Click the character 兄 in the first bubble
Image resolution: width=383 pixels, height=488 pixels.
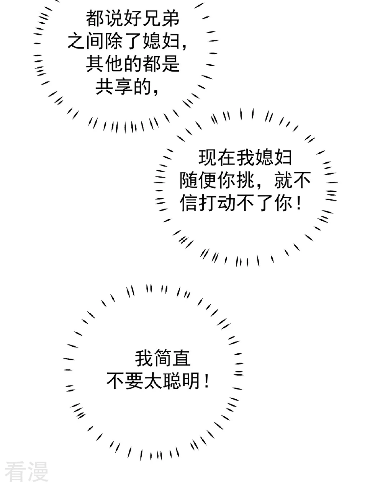pyautogui.click(x=151, y=18)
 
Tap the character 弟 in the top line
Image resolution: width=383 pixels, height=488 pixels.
pyautogui.click(x=170, y=18)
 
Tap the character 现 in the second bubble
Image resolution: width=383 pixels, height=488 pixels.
pyautogui.click(x=207, y=158)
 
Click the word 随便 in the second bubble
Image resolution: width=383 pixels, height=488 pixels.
pyautogui.click(x=198, y=181)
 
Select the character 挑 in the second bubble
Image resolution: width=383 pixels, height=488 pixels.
pyautogui.click(x=245, y=181)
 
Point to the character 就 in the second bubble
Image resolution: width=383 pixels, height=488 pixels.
pyautogui.click(x=283, y=181)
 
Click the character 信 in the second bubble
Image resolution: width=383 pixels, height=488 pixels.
pyautogui.click(x=188, y=204)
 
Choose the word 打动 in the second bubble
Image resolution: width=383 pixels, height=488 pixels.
pyautogui.click(x=217, y=204)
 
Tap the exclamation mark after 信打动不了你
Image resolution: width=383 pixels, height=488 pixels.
pyautogui.click(x=298, y=204)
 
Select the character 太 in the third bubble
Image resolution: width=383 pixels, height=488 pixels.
pyautogui.click(x=152, y=381)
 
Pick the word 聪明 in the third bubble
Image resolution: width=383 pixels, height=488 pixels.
pyautogui.click(x=181, y=381)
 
